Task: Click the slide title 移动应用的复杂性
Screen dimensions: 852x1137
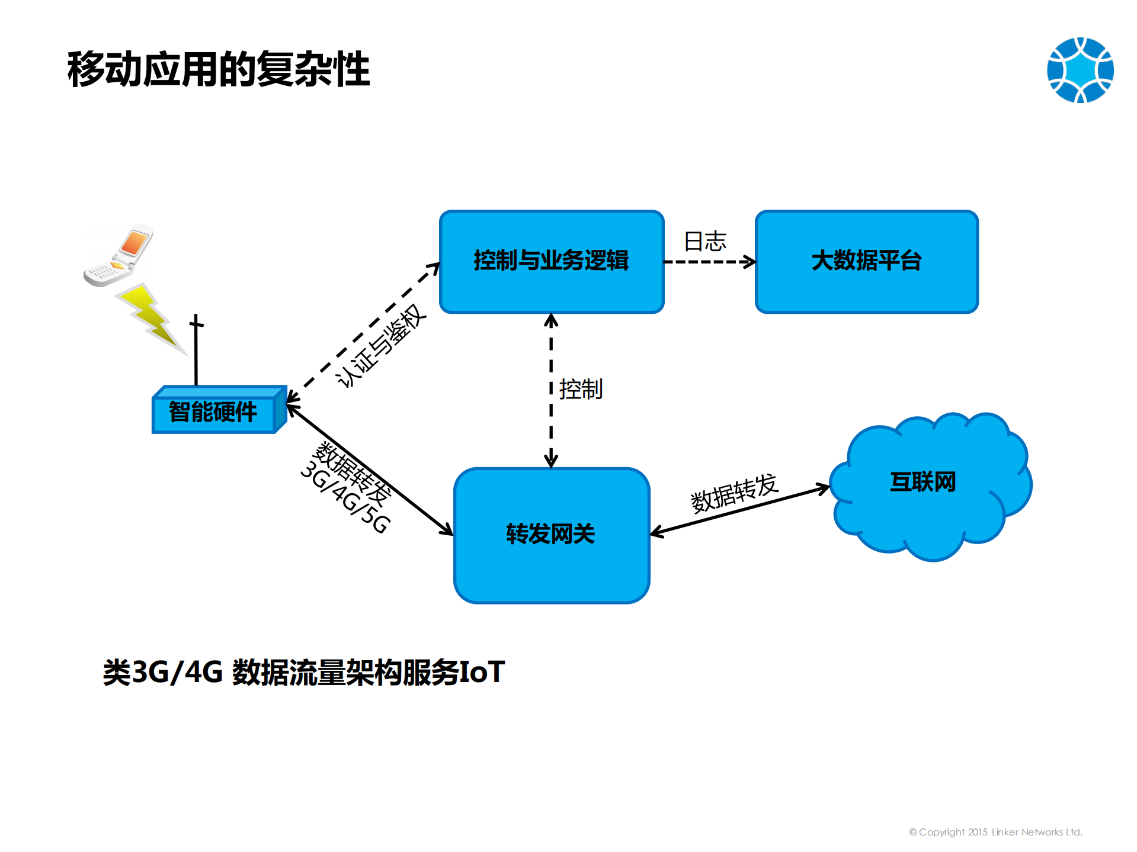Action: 218,69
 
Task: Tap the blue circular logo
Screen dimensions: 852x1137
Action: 1080,70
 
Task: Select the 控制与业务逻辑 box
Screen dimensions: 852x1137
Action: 551,261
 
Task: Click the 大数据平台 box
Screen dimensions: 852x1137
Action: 866,261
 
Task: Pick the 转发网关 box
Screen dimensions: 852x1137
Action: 551,535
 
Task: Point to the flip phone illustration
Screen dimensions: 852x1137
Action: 119,256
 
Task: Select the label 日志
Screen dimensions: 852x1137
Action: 705,242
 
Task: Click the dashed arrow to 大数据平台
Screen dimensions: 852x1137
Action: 709,262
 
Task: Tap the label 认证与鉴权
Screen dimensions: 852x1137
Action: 381,346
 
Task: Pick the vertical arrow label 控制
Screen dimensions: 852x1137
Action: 581,390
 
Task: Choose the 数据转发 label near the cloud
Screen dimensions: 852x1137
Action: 734,493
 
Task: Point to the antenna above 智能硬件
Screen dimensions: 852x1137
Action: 196,349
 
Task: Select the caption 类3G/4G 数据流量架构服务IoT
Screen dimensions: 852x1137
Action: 303,672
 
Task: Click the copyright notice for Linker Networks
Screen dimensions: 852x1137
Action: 995,832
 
